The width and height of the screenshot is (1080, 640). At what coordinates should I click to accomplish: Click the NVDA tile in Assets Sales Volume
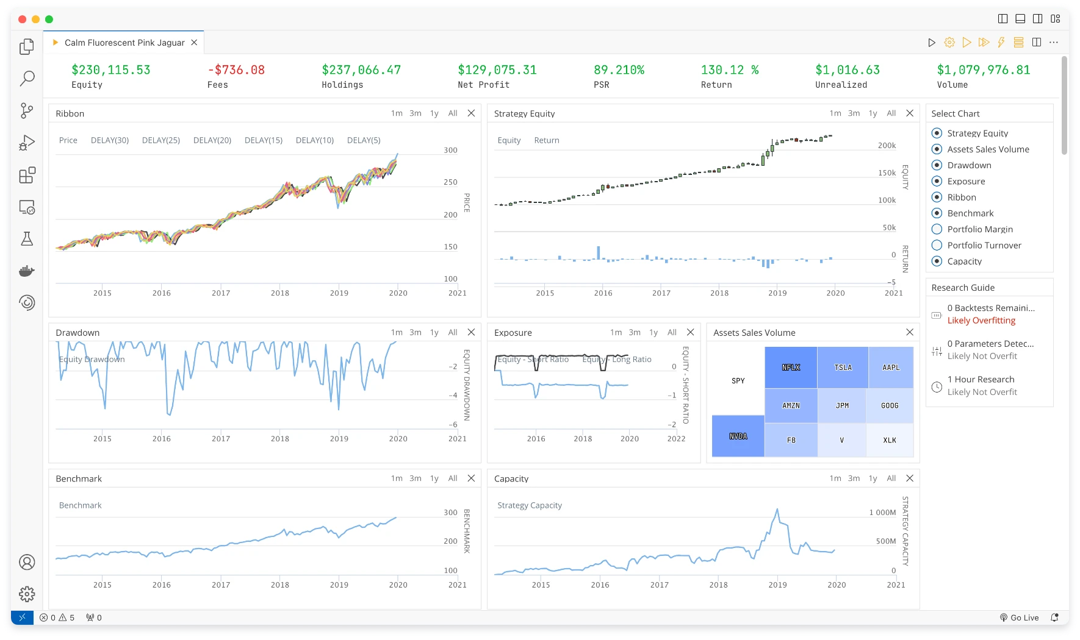(738, 436)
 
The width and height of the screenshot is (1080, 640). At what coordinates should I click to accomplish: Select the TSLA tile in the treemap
(843, 368)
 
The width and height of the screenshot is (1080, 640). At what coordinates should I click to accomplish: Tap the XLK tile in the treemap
(890, 440)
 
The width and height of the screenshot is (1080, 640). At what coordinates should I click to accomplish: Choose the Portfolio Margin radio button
(937, 229)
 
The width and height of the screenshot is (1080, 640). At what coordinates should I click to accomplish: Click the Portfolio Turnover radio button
(937, 245)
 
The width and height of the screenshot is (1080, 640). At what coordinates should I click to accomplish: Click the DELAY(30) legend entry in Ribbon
(110, 140)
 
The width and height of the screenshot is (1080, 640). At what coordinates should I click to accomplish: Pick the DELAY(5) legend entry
(364, 140)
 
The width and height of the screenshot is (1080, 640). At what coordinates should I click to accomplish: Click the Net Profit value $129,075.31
(497, 70)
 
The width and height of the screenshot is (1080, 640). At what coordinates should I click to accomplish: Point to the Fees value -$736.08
(236, 70)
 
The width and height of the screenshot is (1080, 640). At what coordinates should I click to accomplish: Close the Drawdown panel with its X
(471, 332)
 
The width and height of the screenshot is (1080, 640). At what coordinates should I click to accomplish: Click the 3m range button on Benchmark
(416, 478)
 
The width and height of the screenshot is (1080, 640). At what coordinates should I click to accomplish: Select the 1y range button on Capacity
(873, 478)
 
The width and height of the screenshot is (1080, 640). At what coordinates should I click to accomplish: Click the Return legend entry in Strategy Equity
(547, 140)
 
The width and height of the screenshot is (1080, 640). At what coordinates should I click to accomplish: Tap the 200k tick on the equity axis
(887, 146)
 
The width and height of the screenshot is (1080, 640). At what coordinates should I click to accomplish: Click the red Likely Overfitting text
(981, 321)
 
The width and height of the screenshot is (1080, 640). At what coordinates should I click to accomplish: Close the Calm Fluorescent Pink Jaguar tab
(194, 43)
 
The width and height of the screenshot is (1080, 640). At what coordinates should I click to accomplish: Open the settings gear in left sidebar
(27, 594)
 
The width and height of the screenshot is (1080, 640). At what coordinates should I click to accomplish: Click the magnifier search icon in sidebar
(27, 79)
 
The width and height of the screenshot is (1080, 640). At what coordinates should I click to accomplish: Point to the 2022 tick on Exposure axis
(676, 439)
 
